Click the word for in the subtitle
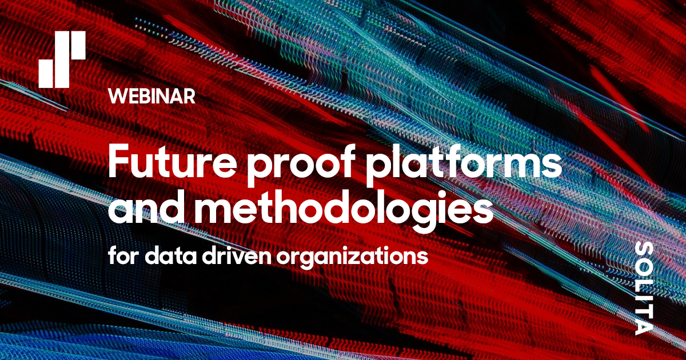click(x=123, y=255)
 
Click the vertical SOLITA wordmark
click(x=644, y=288)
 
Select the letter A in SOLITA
click(x=644, y=325)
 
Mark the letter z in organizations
click(x=358, y=256)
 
